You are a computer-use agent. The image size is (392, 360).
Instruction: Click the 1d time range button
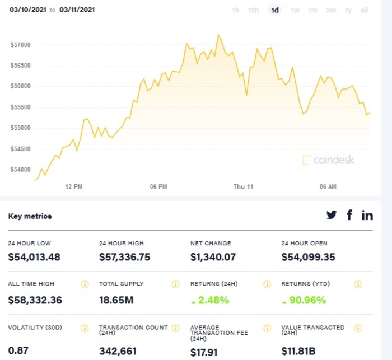274,10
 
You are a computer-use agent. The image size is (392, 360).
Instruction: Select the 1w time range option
295,10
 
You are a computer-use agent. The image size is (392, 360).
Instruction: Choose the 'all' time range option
365,10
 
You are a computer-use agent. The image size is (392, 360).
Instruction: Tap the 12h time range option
254,10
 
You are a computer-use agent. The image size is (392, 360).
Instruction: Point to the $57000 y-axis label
21,45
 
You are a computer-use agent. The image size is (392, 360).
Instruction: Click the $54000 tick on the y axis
21,170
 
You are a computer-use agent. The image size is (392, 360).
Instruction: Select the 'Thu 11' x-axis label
244,187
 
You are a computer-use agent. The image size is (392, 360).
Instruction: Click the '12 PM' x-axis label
74,187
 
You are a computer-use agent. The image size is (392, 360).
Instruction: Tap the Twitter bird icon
332,215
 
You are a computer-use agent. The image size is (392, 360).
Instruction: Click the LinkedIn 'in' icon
367,215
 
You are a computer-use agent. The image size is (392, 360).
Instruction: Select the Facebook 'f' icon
349,215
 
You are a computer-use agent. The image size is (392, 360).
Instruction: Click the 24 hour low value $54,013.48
34,258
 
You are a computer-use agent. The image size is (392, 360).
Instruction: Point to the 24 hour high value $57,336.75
125,258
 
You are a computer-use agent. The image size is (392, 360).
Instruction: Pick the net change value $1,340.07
213,258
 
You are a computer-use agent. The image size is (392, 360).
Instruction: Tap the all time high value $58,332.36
35,300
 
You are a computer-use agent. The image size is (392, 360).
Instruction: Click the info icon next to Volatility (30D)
85,328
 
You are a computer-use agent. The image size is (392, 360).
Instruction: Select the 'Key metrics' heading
30,216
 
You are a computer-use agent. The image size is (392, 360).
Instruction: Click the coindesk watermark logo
328,160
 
